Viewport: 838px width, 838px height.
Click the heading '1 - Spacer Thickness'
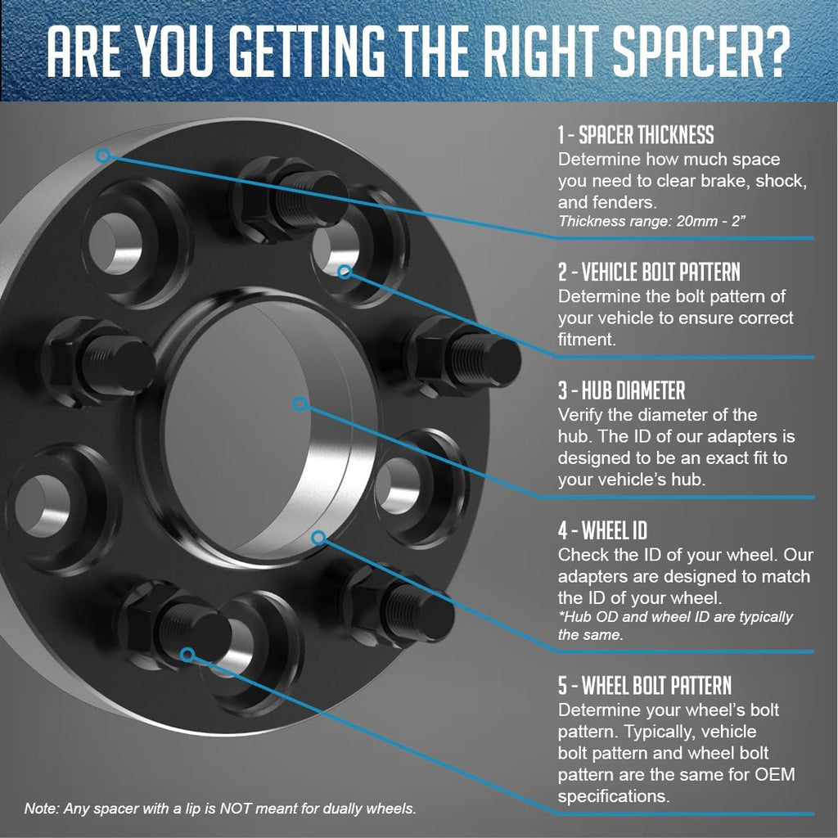pyautogui.click(x=636, y=135)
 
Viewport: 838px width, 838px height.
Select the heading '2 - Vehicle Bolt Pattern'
pyautogui.click(x=649, y=272)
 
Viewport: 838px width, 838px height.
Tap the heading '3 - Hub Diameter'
pyautogui.click(x=622, y=390)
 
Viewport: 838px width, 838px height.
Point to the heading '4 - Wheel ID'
pyautogui.click(x=603, y=530)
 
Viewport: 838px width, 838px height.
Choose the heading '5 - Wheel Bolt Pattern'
pyautogui.click(x=645, y=685)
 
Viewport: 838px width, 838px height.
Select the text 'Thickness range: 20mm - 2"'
pyautogui.click(x=651, y=221)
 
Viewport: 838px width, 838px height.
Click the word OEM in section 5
pyautogui.click(x=775, y=774)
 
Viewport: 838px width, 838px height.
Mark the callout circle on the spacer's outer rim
pyautogui.click(x=104, y=155)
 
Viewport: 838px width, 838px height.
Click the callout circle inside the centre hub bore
pyautogui.click(x=300, y=403)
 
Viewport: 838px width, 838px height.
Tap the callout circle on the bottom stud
pyautogui.click(x=187, y=654)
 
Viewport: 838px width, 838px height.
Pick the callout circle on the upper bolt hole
pyautogui.click(x=345, y=272)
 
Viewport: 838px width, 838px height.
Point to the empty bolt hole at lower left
pyautogui.click(x=42, y=505)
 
